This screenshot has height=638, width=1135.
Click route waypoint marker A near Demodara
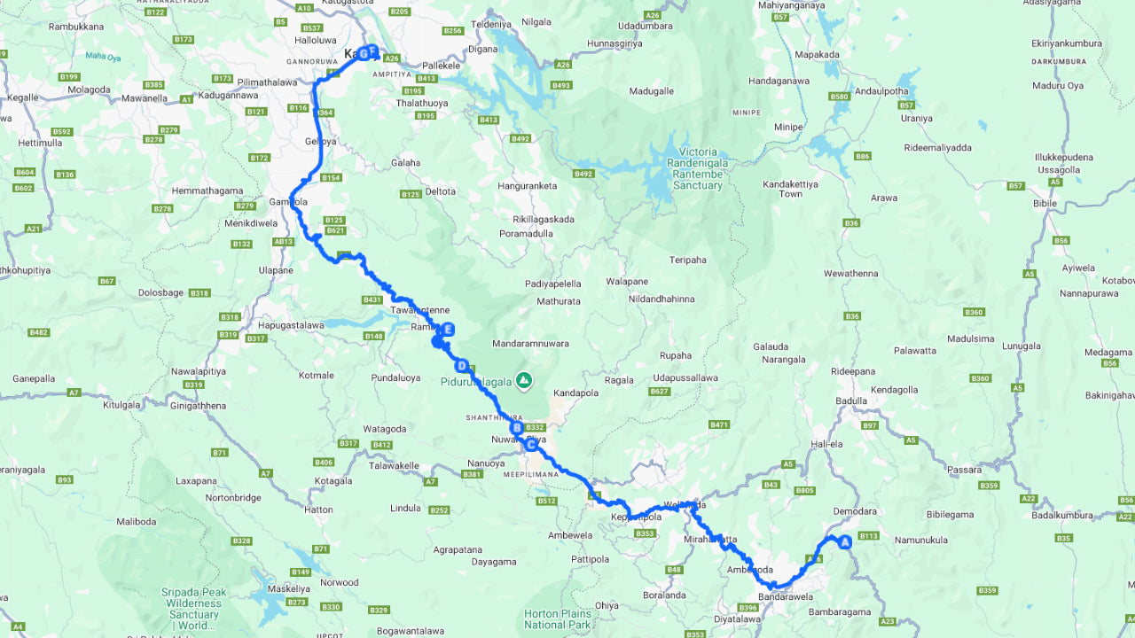(844, 541)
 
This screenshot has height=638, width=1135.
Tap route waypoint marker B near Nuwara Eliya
(516, 428)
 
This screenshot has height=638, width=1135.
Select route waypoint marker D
(461, 365)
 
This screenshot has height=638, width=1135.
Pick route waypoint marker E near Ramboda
(449, 330)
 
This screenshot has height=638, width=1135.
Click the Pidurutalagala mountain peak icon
(525, 380)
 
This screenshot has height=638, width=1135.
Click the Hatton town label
(319, 510)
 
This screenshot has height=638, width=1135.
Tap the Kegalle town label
(22, 97)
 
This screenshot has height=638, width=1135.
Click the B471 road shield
(718, 425)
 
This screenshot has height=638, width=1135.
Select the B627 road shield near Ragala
(659, 391)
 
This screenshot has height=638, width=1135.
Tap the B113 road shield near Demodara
(868, 535)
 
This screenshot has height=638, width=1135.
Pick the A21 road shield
(34, 229)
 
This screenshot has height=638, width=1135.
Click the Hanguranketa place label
(528, 186)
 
